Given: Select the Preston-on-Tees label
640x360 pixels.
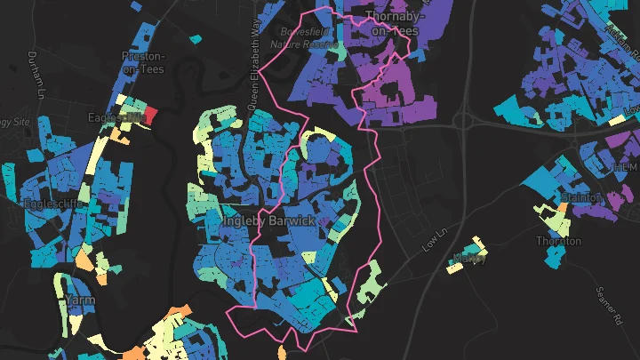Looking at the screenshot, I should [x=143, y=62].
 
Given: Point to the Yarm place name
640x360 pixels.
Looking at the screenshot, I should [x=80, y=300].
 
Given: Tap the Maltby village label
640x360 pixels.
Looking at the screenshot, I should [x=468, y=258].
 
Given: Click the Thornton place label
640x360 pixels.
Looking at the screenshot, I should [x=557, y=241].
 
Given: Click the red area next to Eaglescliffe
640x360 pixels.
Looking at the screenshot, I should [x=149, y=116].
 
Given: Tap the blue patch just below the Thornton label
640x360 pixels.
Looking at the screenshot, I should [x=555, y=257].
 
